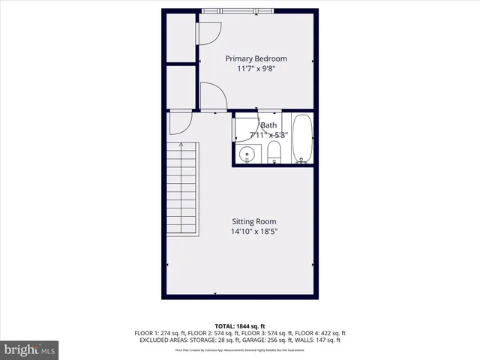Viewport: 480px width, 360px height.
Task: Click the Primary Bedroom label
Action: pyautogui.click(x=256, y=58)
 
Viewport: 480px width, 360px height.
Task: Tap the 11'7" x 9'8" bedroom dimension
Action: pyautogui.click(x=256, y=68)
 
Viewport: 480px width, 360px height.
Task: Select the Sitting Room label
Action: pyautogui.click(x=253, y=221)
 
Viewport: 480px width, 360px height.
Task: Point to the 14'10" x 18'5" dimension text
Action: pyautogui.click(x=253, y=232)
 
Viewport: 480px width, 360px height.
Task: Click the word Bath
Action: pyautogui.click(x=268, y=125)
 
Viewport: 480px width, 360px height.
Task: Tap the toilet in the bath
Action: pyautogui.click(x=274, y=153)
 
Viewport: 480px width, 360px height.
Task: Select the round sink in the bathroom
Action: pyautogui.click(x=247, y=154)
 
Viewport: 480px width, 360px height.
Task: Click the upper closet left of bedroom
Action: pyautogui.click(x=180, y=37)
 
